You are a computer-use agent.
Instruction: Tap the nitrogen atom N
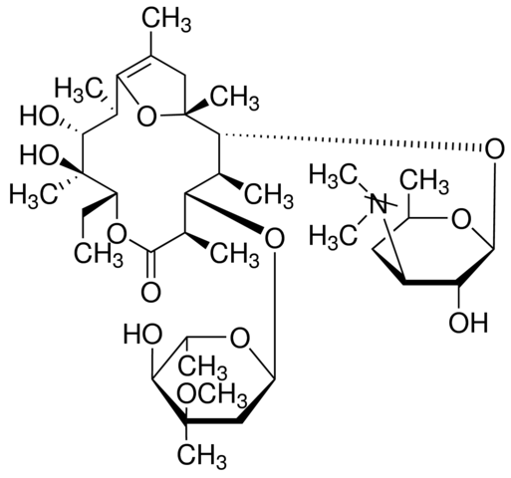click(x=379, y=204)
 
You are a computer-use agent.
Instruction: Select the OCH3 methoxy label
click(x=212, y=394)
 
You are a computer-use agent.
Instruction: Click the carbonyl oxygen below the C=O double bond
click(x=151, y=293)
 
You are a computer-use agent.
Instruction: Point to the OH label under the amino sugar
click(x=468, y=322)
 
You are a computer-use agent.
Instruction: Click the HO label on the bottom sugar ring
click(x=143, y=334)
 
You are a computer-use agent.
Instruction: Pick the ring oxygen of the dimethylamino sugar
click(x=461, y=220)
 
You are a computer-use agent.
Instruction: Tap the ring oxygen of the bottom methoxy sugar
click(x=239, y=339)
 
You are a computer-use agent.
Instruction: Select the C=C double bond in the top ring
click(x=133, y=67)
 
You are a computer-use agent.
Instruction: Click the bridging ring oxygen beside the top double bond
click(x=146, y=117)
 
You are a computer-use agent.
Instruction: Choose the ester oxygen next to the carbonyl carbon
click(x=118, y=233)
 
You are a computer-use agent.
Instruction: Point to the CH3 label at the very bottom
click(x=202, y=456)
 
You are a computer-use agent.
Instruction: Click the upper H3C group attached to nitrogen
click(x=334, y=175)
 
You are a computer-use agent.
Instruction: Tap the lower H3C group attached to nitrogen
click(x=334, y=235)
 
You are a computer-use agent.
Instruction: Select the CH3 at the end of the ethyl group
click(x=99, y=255)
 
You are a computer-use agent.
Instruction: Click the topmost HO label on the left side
click(x=40, y=117)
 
